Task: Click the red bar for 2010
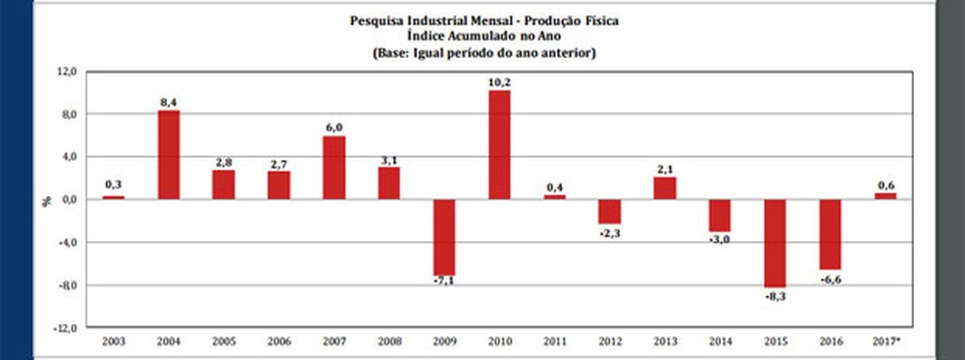499,145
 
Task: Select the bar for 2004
169,155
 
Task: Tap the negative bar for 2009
444,236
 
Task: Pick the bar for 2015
775,243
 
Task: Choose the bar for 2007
333,168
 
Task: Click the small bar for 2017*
885,196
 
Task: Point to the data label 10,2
499,82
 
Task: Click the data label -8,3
775,295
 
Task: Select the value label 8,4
169,102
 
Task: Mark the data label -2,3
610,231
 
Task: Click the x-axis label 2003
114,341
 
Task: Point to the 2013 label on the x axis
665,341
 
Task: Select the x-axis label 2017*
885,341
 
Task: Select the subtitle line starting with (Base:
484,52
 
